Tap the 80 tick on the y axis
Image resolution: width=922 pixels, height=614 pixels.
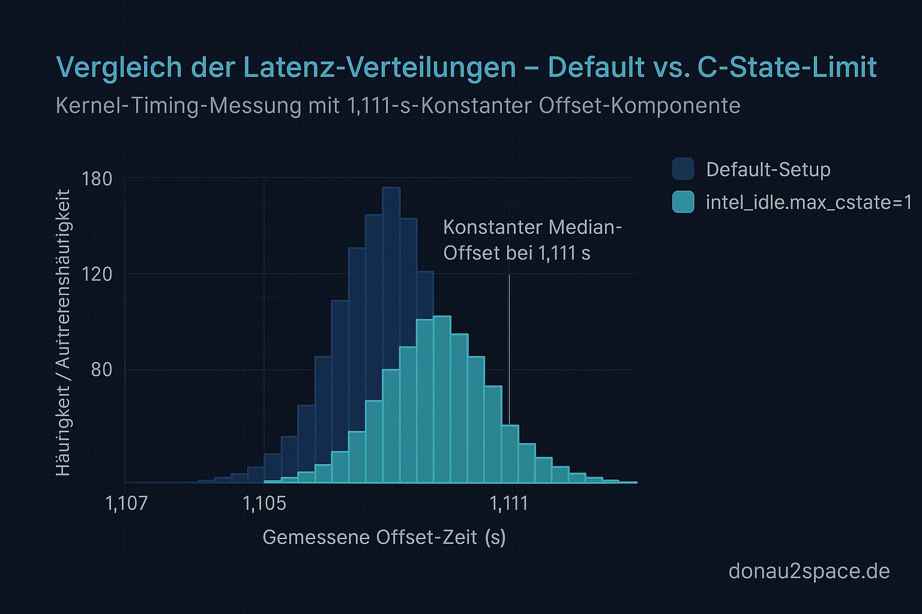click(101, 369)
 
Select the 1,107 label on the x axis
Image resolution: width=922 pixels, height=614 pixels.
click(126, 504)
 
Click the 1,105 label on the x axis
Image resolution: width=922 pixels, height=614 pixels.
click(264, 504)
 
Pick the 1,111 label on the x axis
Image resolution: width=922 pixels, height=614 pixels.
click(509, 504)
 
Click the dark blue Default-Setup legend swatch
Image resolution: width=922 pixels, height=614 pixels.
click(683, 169)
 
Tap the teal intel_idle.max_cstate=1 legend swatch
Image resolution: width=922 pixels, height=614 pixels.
click(683, 202)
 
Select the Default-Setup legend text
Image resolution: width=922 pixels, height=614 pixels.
click(768, 170)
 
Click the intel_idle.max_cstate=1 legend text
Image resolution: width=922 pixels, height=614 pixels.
click(809, 203)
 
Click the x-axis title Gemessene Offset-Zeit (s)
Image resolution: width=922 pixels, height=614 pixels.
click(384, 537)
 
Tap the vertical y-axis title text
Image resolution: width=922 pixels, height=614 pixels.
click(63, 333)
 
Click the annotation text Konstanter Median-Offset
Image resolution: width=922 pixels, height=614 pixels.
click(532, 240)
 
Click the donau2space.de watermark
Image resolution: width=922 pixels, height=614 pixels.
click(809, 571)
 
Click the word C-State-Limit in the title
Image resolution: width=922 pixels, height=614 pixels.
click(787, 67)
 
